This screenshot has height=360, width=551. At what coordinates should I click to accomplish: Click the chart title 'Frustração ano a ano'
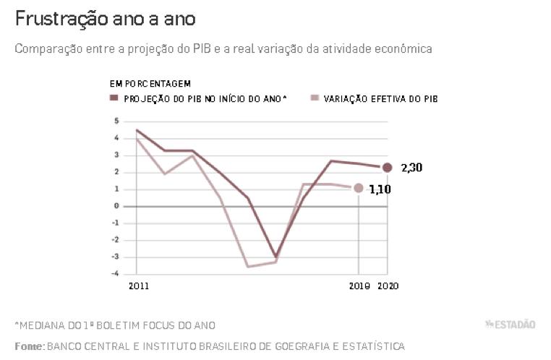pyautogui.click(x=104, y=19)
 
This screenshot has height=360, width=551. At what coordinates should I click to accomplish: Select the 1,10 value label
pyautogui.click(x=382, y=189)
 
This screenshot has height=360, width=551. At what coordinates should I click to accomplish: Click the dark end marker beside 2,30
pyautogui.click(x=387, y=168)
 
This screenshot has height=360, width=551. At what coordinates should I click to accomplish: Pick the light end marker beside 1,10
pyautogui.click(x=359, y=188)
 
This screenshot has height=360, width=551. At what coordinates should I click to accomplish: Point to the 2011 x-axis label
pyautogui.click(x=138, y=286)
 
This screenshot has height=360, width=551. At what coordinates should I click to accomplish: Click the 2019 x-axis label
pyautogui.click(x=359, y=286)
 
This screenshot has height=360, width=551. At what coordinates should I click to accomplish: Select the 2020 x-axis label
pyautogui.click(x=388, y=286)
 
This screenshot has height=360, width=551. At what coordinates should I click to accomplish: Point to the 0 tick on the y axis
pyautogui.click(x=116, y=206)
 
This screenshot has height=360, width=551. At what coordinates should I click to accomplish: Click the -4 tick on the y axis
pyautogui.click(x=114, y=273)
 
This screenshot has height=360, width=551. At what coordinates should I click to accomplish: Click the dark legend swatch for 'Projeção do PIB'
pyautogui.click(x=114, y=98)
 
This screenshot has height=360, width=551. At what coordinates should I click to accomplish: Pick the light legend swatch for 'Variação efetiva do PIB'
pyautogui.click(x=313, y=98)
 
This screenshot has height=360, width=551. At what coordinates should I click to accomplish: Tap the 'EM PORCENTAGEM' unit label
pyautogui.click(x=150, y=85)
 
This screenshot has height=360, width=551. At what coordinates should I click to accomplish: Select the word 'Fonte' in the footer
pyautogui.click(x=29, y=346)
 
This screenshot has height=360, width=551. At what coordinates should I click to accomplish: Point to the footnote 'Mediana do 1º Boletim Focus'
pyautogui.click(x=116, y=325)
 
